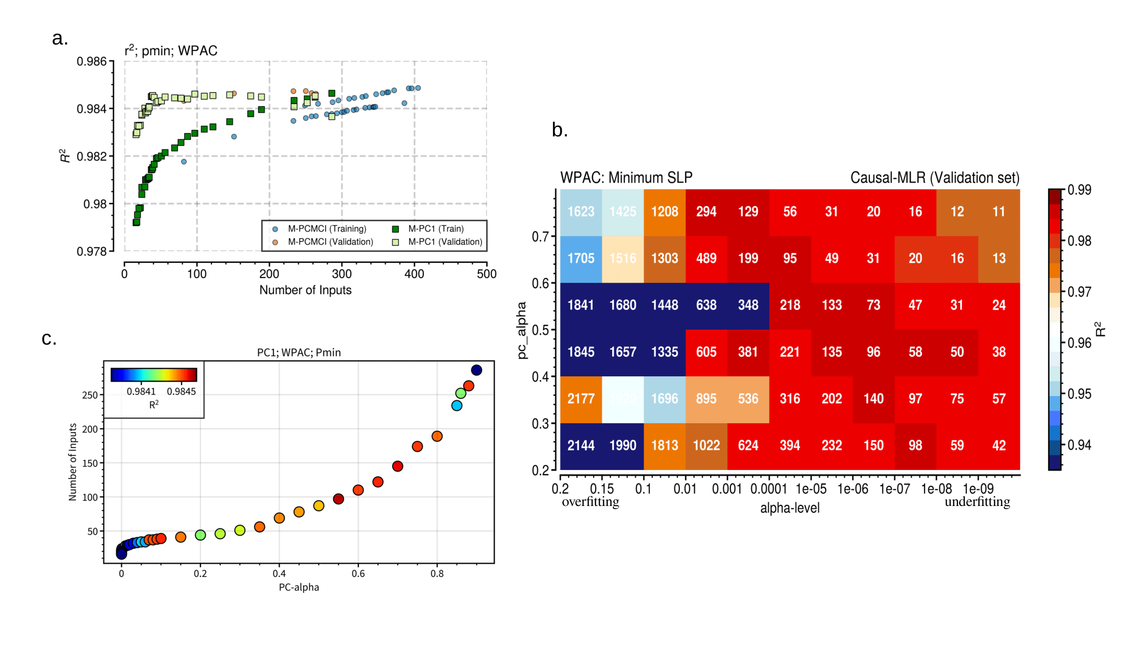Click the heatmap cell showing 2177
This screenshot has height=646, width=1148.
[581, 399]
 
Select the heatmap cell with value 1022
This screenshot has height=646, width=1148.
[706, 446]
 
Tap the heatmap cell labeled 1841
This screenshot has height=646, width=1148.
[581, 305]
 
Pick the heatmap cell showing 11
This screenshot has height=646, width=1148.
[999, 212]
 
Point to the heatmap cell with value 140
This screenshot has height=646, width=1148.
[873, 399]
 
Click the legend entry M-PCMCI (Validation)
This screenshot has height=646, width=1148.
[330, 242]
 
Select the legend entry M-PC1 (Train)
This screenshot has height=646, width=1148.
[435, 229]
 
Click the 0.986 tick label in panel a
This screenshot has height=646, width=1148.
[92, 61]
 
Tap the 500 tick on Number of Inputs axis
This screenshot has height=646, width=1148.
[486, 274]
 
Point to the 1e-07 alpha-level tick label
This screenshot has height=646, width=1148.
[894, 489]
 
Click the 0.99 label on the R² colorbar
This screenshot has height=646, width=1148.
[1079, 190]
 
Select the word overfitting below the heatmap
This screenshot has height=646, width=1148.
[590, 502]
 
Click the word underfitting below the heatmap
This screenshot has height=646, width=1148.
[977, 502]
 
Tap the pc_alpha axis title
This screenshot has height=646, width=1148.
[522, 331]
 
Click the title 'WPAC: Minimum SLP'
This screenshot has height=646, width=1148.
[626, 178]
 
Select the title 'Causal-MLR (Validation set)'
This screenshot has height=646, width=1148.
[935, 178]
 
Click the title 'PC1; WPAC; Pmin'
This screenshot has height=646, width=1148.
[299, 352]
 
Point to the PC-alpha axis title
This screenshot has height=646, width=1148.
[299, 587]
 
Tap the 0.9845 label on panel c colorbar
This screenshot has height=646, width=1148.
[181, 391]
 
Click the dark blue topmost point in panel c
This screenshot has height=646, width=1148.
[476, 370]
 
